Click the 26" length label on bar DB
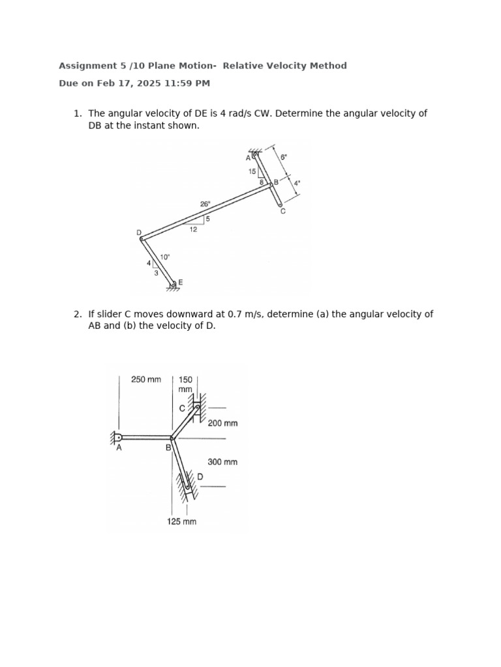(205, 204)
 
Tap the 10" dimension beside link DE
(164, 257)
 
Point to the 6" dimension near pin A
(284, 157)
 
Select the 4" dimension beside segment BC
(297, 184)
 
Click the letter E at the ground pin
(181, 282)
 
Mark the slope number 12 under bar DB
(193, 229)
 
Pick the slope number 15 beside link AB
(252, 171)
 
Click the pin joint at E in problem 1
(174, 284)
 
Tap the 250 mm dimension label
(145, 379)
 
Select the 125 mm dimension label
(181, 521)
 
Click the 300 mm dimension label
(222, 462)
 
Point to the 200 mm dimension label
(222, 423)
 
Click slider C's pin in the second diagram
(197, 408)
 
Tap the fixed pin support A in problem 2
(118, 437)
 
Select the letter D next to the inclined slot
(200, 477)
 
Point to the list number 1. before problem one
(77, 113)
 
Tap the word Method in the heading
(331, 66)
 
